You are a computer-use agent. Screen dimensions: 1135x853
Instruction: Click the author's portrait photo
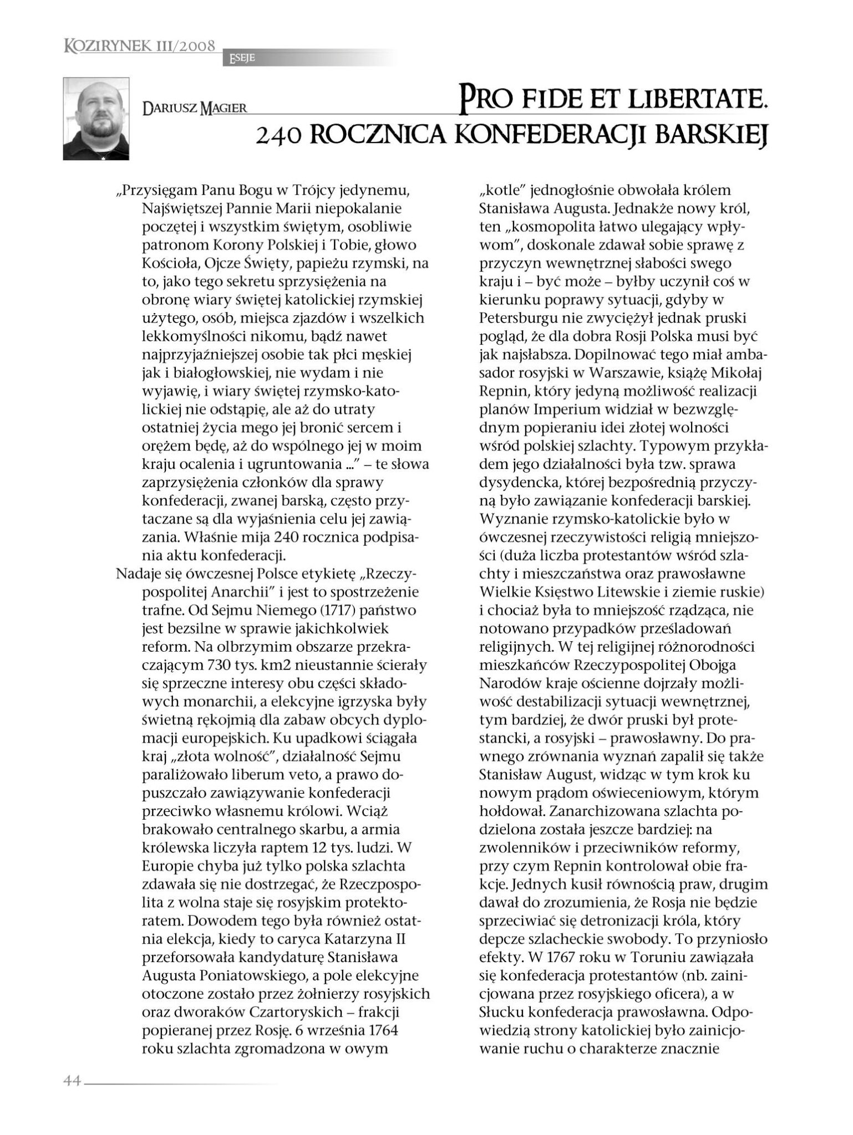pos(96,119)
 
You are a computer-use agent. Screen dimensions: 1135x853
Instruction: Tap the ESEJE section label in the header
pos(239,58)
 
